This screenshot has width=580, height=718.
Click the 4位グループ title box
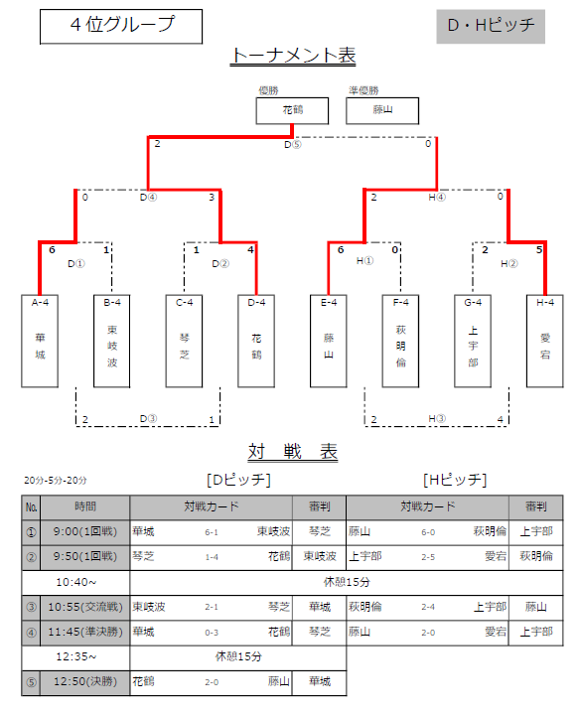[121, 27]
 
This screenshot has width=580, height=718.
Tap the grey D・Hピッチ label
[491, 26]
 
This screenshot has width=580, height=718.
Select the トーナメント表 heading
[293, 56]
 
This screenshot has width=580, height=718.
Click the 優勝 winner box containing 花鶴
[292, 110]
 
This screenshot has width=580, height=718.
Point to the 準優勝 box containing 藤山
[382, 110]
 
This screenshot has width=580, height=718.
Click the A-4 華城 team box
[40, 342]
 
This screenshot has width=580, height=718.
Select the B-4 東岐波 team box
[111, 342]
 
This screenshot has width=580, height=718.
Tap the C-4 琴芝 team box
[184, 342]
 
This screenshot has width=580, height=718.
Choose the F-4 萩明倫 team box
[400, 342]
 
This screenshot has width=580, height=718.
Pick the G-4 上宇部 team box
[473, 342]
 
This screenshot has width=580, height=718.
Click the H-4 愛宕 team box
[545, 342]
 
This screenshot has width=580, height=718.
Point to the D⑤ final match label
[293, 145]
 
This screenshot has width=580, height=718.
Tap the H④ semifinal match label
[437, 198]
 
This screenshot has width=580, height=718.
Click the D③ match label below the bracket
[148, 418]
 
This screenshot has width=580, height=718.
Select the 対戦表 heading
[293, 452]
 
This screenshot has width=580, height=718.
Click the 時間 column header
[85, 506]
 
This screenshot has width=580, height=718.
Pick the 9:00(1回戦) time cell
[85, 532]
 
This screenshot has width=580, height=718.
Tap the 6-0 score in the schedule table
[428, 532]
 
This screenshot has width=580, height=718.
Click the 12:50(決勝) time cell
[85, 682]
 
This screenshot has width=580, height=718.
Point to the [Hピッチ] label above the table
[455, 480]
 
